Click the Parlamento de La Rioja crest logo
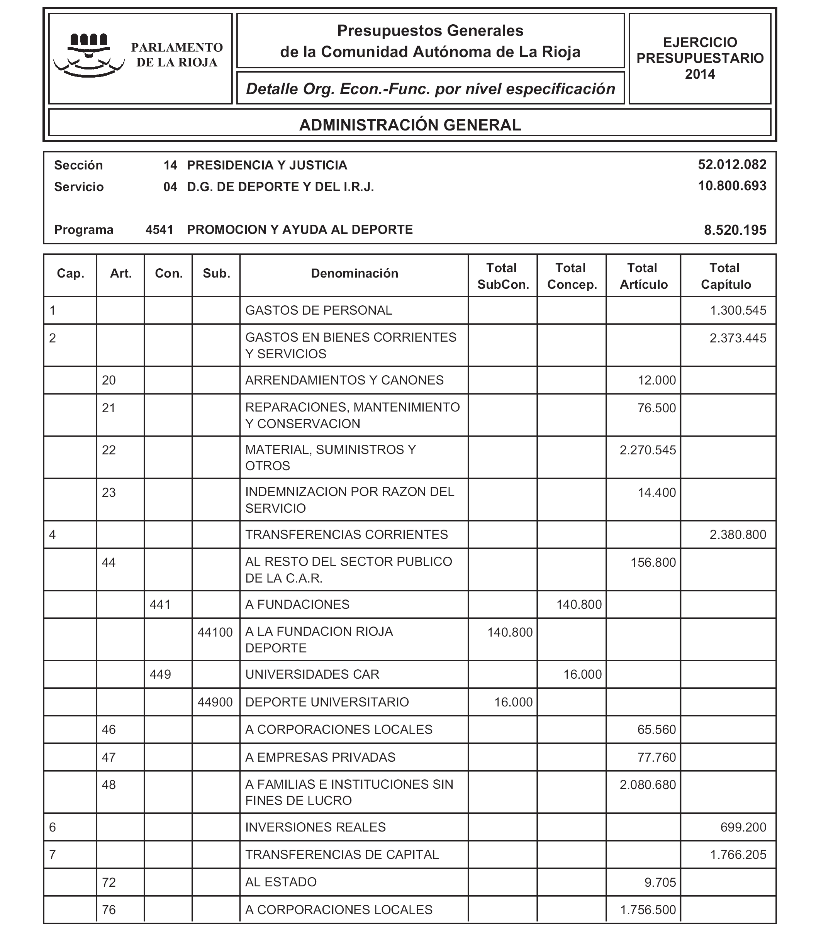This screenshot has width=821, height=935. coord(89,55)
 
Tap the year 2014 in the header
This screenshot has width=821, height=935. coord(700,74)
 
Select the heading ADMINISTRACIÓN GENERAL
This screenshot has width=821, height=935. coord(410,125)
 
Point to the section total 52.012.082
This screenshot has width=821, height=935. coord(732,165)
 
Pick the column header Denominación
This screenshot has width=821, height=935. coord(354,274)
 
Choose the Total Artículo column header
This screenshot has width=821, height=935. coord(643,276)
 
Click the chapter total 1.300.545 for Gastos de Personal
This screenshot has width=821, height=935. coord(738,311)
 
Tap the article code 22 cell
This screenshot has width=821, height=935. coord(109,450)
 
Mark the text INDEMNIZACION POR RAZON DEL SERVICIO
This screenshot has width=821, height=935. coord(349,500)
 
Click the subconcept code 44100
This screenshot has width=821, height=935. coord(215,633)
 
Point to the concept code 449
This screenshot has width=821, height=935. coord(160,675)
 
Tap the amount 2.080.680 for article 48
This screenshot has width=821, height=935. coord(648,785)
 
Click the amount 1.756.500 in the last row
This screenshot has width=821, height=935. coord(648,910)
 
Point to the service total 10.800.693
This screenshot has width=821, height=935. coord(732,186)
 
